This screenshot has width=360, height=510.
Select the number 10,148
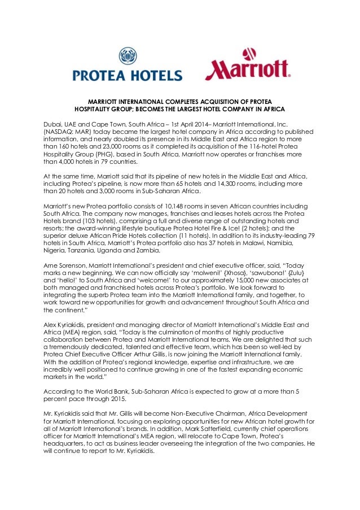pos(159,207)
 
